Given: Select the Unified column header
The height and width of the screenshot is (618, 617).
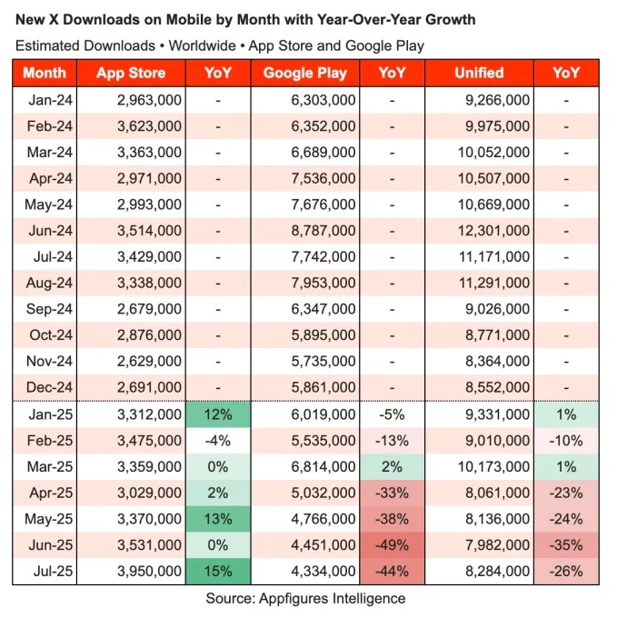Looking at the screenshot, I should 478,74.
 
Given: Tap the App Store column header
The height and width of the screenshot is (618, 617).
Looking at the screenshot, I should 131,74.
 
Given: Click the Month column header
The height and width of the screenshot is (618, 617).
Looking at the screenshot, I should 45,74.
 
